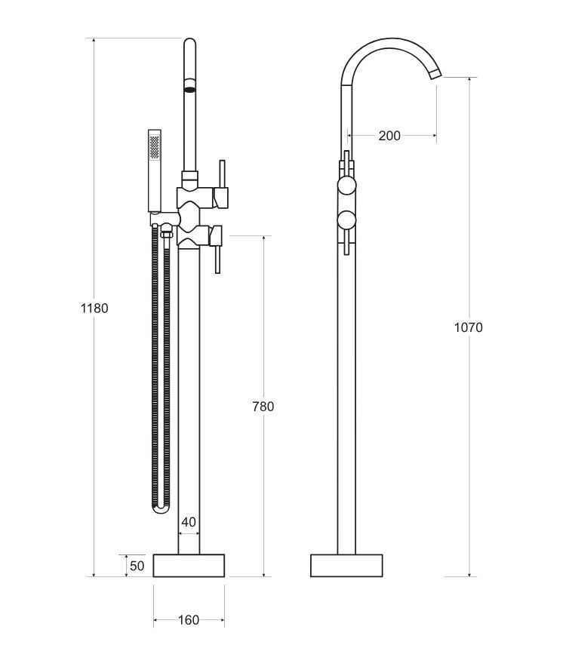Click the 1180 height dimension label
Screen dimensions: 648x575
pos(94,308)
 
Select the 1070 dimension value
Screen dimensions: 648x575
pos(468,327)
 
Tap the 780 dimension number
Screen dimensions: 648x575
pos(263,407)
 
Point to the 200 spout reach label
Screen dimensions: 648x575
pos(389,136)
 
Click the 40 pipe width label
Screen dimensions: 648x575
pos(189,522)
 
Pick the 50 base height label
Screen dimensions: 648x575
pos(136,566)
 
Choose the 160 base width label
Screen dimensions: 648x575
pos(189,620)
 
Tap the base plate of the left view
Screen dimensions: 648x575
pos(189,566)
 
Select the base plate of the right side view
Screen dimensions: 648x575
pos(346,566)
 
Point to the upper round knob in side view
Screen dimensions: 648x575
pos(346,186)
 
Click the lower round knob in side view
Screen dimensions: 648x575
pos(346,220)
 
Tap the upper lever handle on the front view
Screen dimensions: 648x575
pos(222,181)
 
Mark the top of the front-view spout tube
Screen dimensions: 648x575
pos(190,45)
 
